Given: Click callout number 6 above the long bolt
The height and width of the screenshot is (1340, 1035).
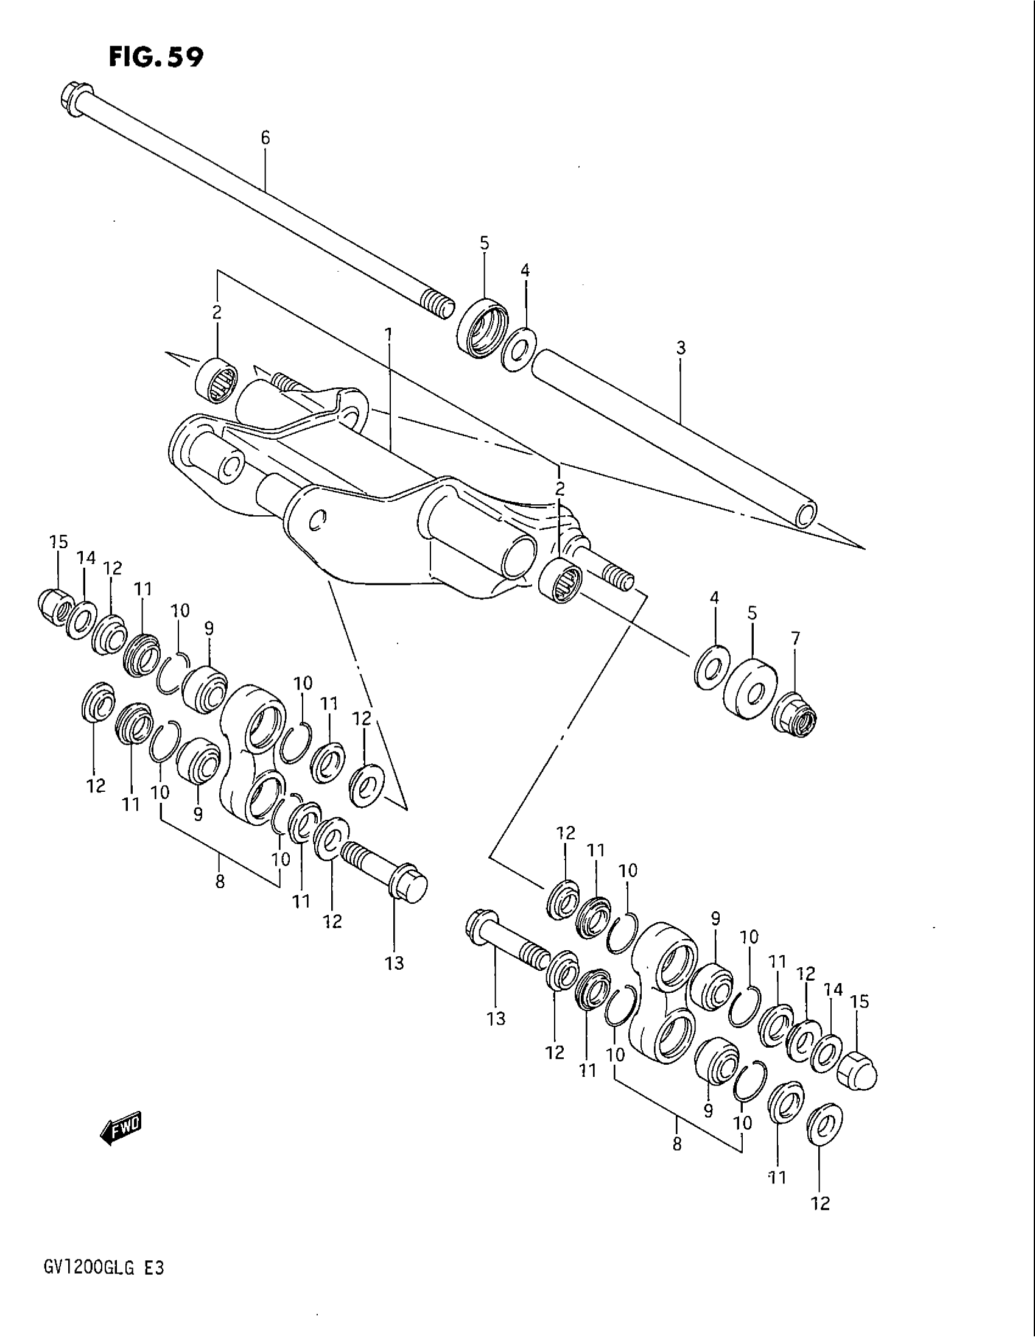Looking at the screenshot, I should [265, 138].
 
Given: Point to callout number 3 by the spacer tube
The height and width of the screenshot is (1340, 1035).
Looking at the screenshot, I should [681, 348].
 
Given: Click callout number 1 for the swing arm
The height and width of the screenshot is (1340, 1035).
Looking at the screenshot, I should [388, 334].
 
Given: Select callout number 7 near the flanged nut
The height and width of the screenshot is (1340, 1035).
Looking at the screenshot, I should [795, 639].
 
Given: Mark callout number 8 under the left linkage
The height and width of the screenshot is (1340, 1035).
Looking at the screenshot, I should [220, 883].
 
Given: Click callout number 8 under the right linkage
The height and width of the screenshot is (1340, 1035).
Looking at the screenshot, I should [677, 1144].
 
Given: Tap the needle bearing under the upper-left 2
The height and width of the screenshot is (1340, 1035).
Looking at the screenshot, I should [217, 381].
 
